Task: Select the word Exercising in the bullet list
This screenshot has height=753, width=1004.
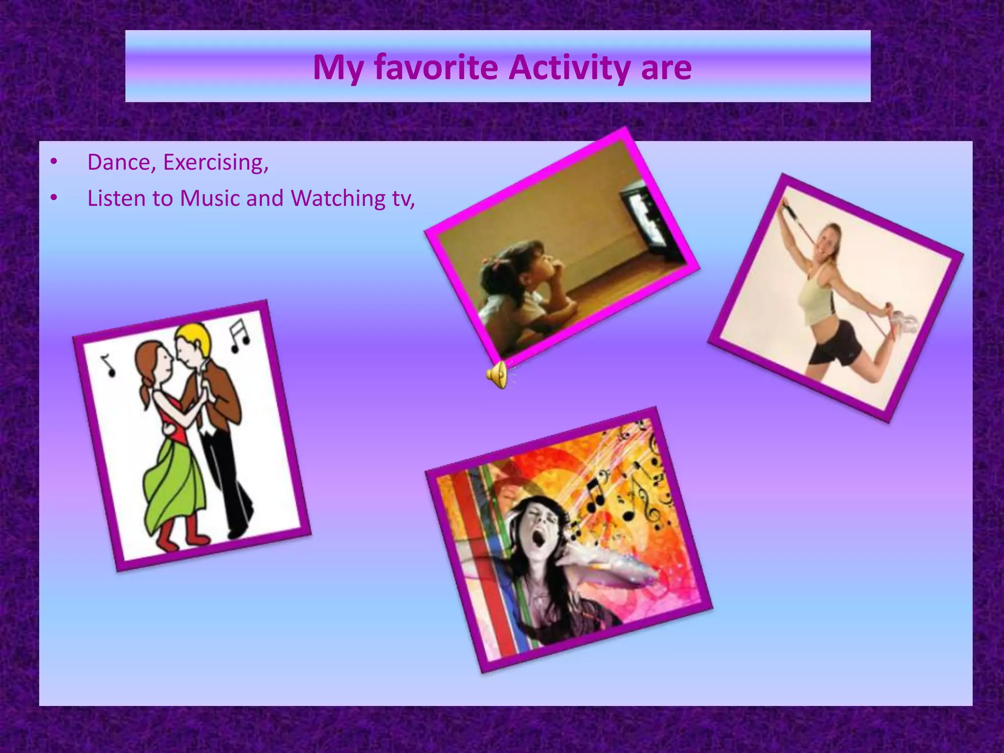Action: [x=215, y=162]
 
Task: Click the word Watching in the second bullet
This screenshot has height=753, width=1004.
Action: [x=338, y=199]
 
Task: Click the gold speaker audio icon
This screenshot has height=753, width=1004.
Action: [x=497, y=375]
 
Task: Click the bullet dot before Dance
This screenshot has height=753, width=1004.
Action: [x=54, y=162]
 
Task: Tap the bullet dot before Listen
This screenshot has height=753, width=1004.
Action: [x=54, y=198]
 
